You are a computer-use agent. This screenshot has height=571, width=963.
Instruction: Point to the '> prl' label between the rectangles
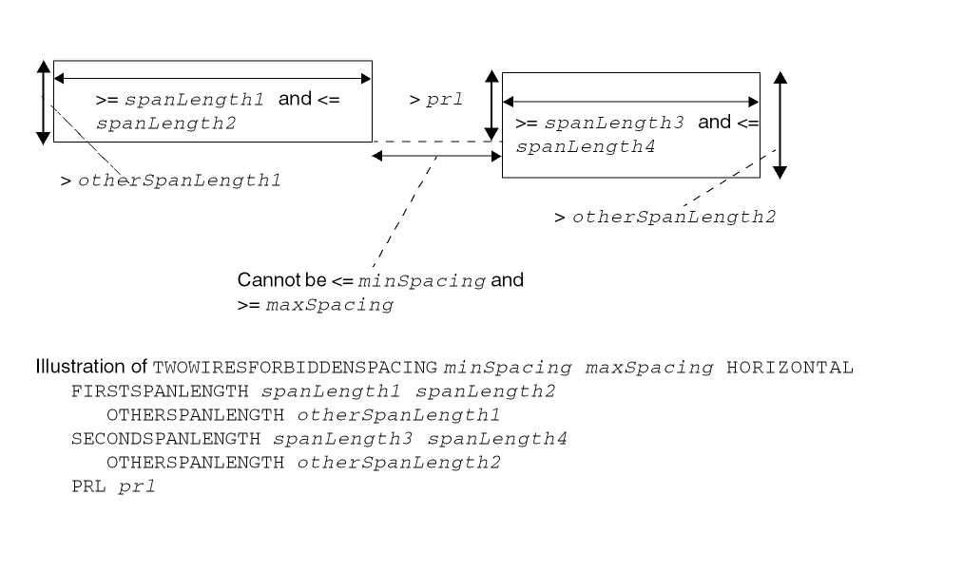(x=435, y=99)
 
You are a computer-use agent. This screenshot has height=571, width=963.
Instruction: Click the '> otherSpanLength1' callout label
(x=171, y=180)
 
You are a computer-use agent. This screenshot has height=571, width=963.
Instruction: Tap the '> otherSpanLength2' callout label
(x=665, y=217)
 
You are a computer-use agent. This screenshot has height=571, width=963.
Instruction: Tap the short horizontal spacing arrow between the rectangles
(x=436, y=155)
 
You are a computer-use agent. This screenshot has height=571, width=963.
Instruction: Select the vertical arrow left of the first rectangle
(x=42, y=102)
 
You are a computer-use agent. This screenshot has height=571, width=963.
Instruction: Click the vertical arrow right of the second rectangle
(x=780, y=124)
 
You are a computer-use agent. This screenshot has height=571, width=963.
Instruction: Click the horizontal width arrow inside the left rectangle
(x=212, y=78)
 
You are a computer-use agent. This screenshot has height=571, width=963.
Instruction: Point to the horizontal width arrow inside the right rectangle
(x=630, y=101)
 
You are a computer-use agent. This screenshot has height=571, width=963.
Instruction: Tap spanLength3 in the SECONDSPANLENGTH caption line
(x=318, y=439)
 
